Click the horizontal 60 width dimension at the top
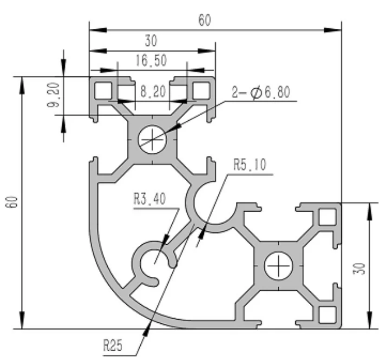(204, 20)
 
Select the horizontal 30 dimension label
(151, 41)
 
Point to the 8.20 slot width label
(152, 92)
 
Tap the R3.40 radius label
(150, 199)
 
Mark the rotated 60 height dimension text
(13, 202)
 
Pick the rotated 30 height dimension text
(361, 268)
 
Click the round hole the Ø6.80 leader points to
(152, 138)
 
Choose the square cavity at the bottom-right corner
(328, 315)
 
